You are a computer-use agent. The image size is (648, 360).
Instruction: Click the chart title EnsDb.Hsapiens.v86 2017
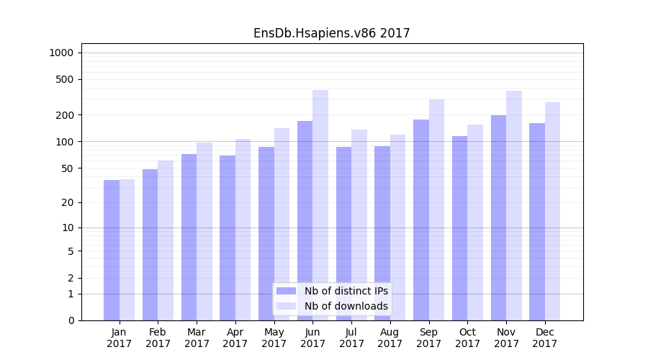coord(331,33)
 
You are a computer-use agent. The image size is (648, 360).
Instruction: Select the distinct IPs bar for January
coord(112,250)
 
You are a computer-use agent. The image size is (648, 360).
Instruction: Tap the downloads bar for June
coord(320,205)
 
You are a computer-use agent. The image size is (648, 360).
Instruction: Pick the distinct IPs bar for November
coord(498,217)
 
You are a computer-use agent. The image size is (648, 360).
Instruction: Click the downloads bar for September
coord(436,210)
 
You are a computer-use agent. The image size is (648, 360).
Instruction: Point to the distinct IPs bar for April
coord(228,238)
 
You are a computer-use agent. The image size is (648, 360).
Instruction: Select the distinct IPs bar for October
coord(459,228)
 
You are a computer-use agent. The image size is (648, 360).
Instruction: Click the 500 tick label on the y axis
coord(65,79)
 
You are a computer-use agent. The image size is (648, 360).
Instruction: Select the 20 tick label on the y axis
coord(68,202)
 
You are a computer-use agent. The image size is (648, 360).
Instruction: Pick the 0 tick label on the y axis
coord(71,320)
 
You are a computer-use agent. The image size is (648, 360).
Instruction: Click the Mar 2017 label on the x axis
coord(197,338)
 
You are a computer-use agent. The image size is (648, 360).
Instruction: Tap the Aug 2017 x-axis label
coord(390,338)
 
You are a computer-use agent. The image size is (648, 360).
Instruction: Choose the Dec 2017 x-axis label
coord(545,338)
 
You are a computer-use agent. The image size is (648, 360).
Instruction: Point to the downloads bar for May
coord(282,224)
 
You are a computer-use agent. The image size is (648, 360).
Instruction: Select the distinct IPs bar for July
coord(343,233)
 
